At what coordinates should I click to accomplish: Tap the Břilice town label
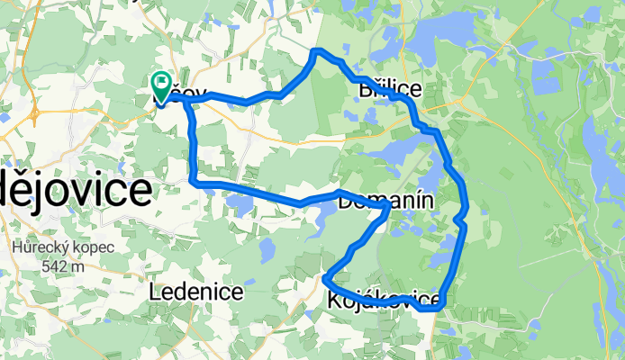(x=390, y=90)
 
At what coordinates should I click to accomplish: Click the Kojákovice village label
(x=385, y=300)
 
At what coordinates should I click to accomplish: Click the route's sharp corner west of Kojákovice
(x=324, y=279)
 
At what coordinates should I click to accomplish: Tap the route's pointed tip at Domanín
(x=388, y=206)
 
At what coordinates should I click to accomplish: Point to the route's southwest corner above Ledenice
(x=195, y=183)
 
